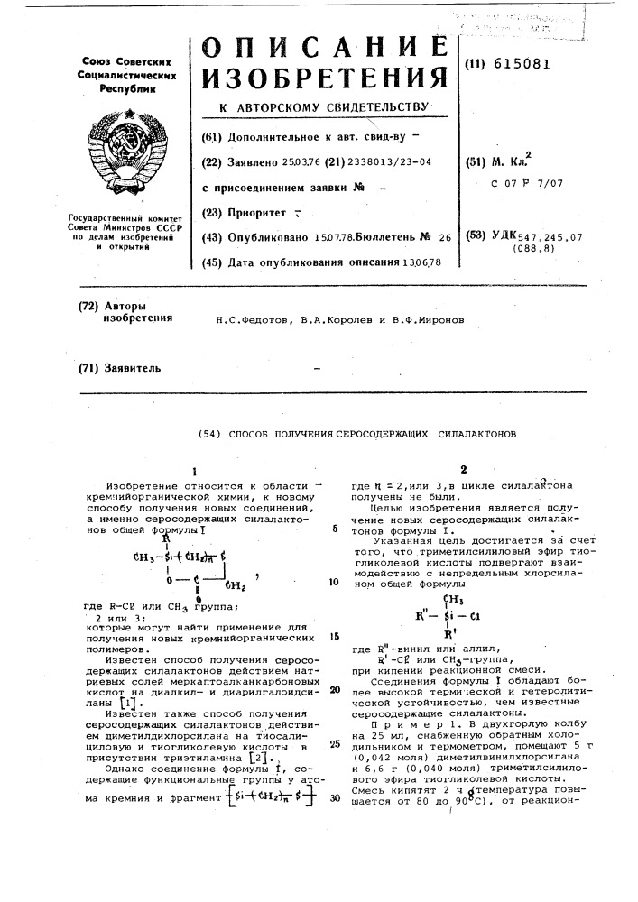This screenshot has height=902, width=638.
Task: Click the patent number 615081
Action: pos(519,63)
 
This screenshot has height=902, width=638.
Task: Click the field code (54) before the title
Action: pos(208,433)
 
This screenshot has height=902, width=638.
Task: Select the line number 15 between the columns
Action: pos(334,635)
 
